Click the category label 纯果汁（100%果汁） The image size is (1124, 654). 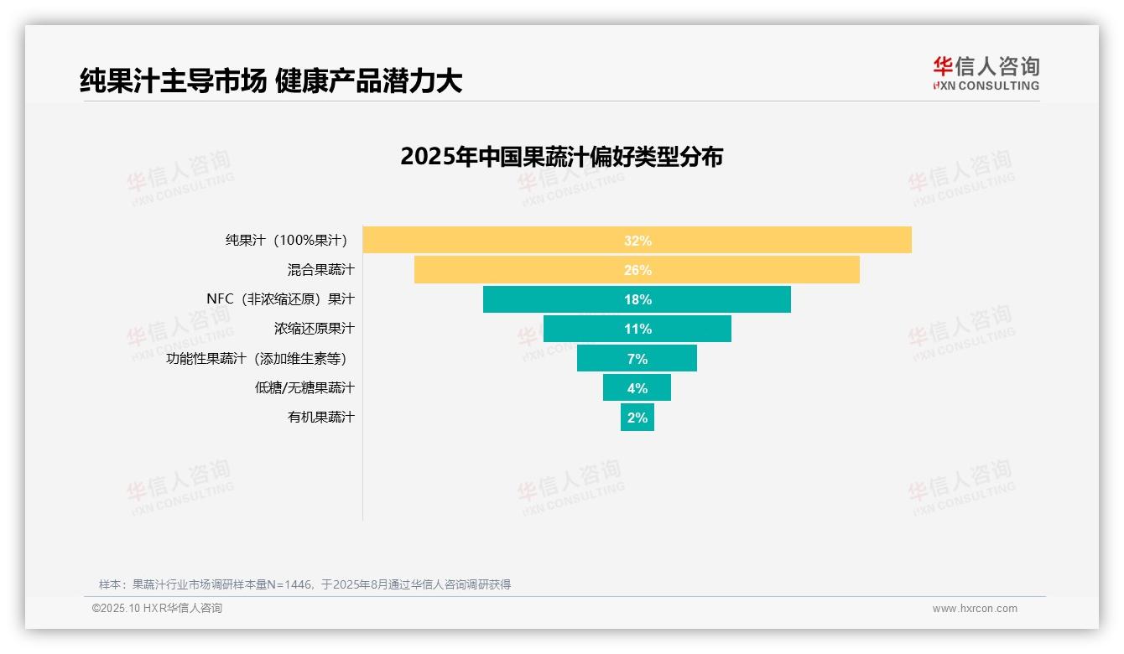pyautogui.click(x=286, y=241)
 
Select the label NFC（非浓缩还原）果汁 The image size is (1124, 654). pyautogui.click(x=280, y=299)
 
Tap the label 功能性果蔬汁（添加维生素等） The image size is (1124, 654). pyautogui.click(x=257, y=359)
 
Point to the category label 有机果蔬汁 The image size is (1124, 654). pyautogui.click(x=320, y=417)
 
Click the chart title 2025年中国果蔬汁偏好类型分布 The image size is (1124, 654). pyautogui.click(x=561, y=157)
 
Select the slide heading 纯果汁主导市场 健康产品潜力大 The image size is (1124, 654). pyautogui.click(x=271, y=81)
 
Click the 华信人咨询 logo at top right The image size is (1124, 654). pyautogui.click(x=986, y=73)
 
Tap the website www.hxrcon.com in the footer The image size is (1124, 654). pyautogui.click(x=975, y=609)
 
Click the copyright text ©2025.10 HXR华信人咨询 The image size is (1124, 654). pyautogui.click(x=157, y=609)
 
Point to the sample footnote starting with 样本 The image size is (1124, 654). pyautogui.click(x=304, y=584)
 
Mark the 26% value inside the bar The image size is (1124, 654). pyautogui.click(x=637, y=270)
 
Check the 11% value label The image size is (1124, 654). pyautogui.click(x=637, y=329)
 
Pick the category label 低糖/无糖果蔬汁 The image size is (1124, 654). pyautogui.click(x=304, y=387)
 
